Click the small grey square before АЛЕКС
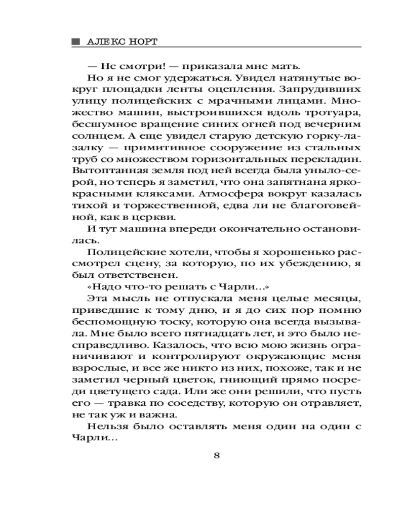pos(76,41)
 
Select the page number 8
pos(217,454)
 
